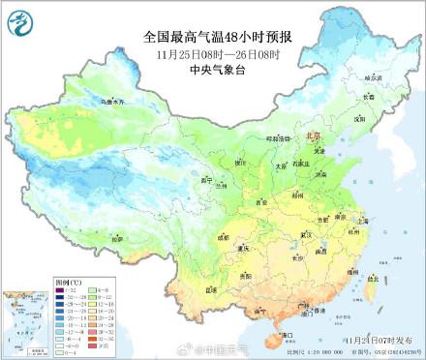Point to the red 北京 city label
(312, 138)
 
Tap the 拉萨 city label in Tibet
(114, 237)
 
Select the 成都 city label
(225, 235)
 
